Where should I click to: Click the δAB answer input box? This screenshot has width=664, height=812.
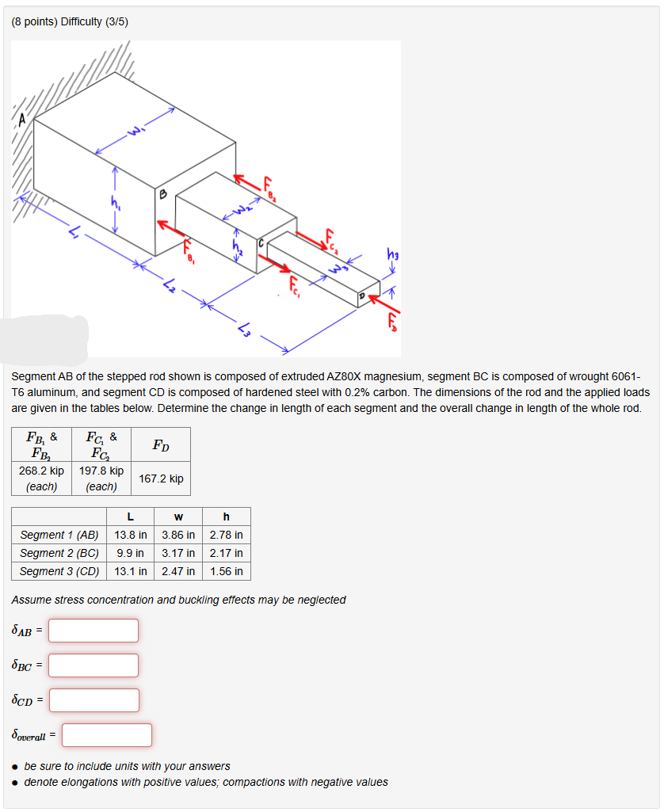point(93,631)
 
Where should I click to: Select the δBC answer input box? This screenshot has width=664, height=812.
point(93,665)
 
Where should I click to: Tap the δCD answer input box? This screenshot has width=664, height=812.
point(93,700)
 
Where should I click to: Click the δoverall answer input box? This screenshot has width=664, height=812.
point(107,735)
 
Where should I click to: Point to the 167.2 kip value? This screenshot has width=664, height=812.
point(161,478)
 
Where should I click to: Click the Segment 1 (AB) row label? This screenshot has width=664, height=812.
point(59,535)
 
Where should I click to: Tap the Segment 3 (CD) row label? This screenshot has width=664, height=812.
point(59,571)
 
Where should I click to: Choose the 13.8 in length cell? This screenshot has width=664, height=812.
point(130,535)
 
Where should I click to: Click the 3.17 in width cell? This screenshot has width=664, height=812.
point(178,553)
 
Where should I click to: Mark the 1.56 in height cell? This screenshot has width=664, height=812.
point(227,571)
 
